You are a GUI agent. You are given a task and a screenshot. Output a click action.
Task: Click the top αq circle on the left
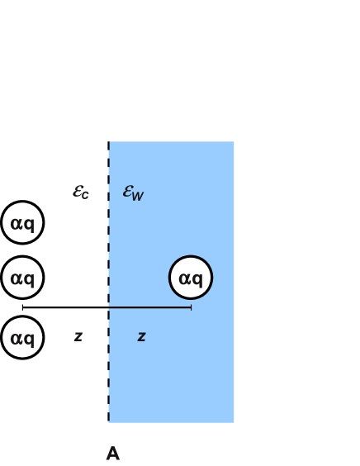(22, 222)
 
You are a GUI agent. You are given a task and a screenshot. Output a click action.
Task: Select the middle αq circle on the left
(22, 278)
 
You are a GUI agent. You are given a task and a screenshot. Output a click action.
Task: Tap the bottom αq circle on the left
(22, 337)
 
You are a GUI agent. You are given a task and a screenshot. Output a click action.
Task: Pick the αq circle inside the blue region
(191, 278)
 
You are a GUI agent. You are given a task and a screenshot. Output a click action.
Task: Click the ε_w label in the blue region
(133, 192)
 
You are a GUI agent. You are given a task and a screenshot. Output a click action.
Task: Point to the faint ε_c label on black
(81, 192)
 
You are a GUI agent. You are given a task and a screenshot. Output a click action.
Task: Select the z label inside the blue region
(141, 336)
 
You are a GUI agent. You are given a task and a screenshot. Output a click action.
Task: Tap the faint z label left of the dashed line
(78, 336)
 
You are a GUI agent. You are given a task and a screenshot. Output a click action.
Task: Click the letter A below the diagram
(113, 454)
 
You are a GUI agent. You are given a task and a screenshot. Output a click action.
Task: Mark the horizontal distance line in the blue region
(149, 307)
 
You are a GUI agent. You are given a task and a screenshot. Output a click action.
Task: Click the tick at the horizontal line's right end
(191, 307)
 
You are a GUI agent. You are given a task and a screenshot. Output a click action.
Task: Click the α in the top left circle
(17, 223)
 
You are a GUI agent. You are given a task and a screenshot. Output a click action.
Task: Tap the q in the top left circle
(29, 224)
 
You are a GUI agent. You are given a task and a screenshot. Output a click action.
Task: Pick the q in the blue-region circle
(197, 279)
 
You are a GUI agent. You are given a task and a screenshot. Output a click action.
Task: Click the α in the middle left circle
(17, 278)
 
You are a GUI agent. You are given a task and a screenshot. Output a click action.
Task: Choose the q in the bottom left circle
(29, 339)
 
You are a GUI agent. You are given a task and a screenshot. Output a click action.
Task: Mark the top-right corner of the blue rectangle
(234, 142)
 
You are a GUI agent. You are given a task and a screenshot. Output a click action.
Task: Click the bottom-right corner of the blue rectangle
(234, 422)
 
